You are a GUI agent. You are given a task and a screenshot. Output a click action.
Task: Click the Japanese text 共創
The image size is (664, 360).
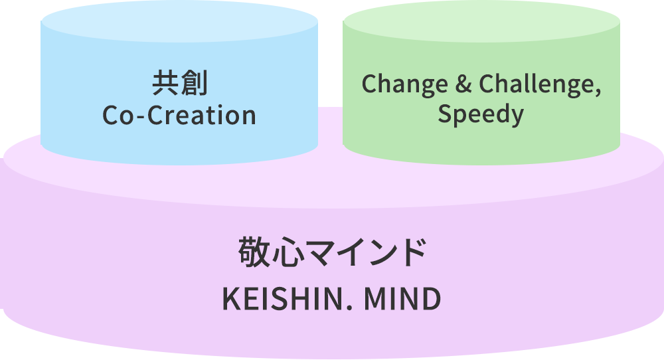(179, 85)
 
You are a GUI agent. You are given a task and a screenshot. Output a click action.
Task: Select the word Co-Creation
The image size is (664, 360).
(179, 116)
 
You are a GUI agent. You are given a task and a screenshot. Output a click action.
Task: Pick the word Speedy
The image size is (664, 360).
(481, 115)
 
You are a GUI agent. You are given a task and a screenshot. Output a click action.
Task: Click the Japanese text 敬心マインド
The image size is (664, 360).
(331, 253)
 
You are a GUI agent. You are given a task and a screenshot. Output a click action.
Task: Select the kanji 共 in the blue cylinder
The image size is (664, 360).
(165, 85)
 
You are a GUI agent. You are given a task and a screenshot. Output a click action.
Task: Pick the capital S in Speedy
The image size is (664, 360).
(445, 114)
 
